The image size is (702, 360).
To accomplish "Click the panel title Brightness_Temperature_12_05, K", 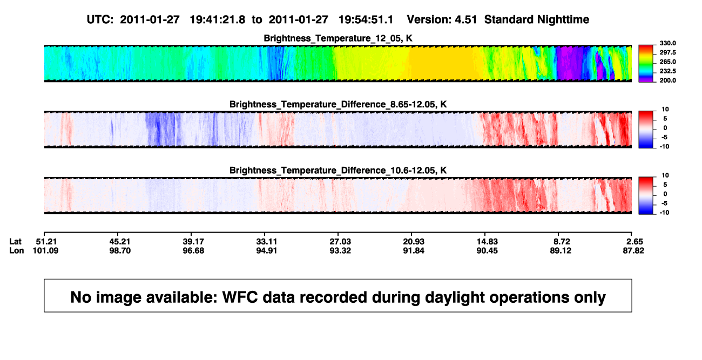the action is click(338, 38).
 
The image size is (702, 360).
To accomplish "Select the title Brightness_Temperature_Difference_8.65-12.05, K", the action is click(338, 104).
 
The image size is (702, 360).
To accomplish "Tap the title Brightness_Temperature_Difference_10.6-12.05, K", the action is click(338, 171).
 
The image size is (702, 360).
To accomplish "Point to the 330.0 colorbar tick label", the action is click(667, 43).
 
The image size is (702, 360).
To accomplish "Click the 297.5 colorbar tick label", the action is click(667, 53).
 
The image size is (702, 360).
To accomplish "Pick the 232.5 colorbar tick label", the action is click(667, 71).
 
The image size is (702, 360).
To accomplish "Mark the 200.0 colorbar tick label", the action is click(667, 80).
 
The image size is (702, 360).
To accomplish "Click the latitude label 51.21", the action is click(46, 242).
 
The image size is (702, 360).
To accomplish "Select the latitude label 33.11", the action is click(266, 242).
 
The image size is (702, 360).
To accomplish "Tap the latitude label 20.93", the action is click(414, 242).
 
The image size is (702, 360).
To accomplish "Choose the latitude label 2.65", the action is click(634, 242).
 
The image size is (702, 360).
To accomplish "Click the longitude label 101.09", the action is click(45, 250).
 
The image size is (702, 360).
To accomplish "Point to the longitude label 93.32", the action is click(340, 250).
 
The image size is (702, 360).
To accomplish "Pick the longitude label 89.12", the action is click(561, 250).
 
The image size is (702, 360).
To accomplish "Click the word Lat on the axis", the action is click(15, 242).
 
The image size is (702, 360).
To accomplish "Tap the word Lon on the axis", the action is click(16, 250).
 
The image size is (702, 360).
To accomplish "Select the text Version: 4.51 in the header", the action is click(442, 19).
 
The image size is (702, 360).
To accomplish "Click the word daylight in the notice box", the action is click(453, 297).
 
